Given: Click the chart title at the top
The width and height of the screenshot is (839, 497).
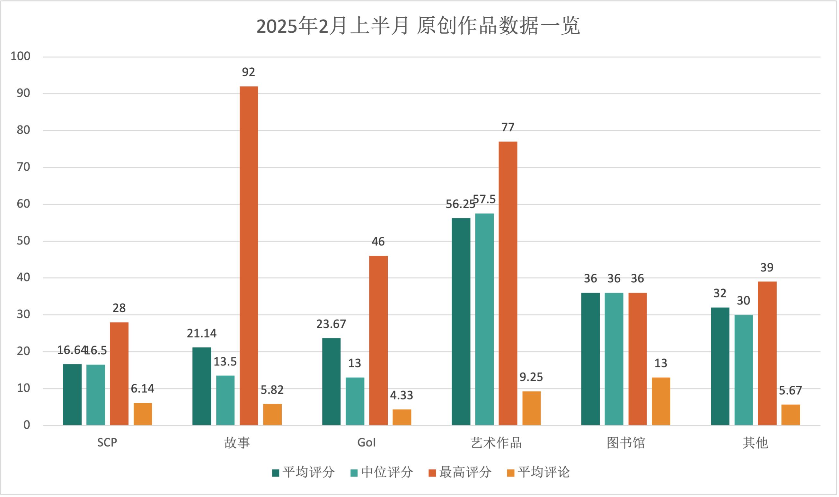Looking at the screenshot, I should pyautogui.click(x=418, y=26).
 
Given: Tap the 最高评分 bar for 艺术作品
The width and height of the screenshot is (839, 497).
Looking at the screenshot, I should pyautogui.click(x=508, y=283).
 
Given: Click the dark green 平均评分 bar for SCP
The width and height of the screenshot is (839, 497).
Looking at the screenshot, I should pyautogui.click(x=72, y=395).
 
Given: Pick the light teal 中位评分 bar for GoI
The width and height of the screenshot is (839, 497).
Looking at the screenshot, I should pyautogui.click(x=355, y=401).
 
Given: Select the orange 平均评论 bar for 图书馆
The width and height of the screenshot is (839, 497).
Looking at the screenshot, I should pyautogui.click(x=661, y=401).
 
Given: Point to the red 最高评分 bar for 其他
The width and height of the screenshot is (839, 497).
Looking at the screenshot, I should pyautogui.click(x=767, y=353).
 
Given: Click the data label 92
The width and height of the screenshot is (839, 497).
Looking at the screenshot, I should pyautogui.click(x=248, y=72).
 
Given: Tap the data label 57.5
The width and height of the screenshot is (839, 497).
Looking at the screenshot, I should pyautogui.click(x=484, y=199).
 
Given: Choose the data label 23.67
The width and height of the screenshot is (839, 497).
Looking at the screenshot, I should pyautogui.click(x=331, y=324).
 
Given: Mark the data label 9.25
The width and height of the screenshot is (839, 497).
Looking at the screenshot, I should pyautogui.click(x=531, y=377).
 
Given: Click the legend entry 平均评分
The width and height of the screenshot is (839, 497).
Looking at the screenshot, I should pyautogui.click(x=303, y=472).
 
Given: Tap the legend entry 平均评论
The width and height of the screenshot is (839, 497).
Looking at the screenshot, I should pyautogui.click(x=538, y=472).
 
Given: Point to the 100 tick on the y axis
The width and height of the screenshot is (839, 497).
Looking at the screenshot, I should pyautogui.click(x=21, y=56).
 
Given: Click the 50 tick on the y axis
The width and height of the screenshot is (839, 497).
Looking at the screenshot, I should pyautogui.click(x=23, y=240).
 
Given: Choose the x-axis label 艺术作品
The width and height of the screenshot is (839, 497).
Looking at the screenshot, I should pyautogui.click(x=496, y=443).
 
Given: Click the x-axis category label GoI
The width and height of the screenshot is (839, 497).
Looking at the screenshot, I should pyautogui.click(x=367, y=443).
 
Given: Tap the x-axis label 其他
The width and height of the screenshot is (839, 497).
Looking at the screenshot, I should pyautogui.click(x=755, y=443).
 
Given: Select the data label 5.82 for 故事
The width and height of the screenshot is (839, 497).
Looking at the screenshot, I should pyautogui.click(x=272, y=390).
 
